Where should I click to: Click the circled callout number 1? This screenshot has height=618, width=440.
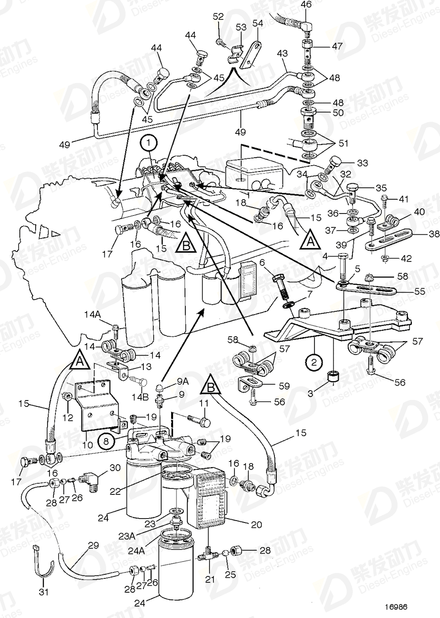(x=150, y=144)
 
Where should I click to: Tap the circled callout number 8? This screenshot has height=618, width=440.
(x=106, y=438)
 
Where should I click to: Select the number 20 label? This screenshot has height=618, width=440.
(x=257, y=525)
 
